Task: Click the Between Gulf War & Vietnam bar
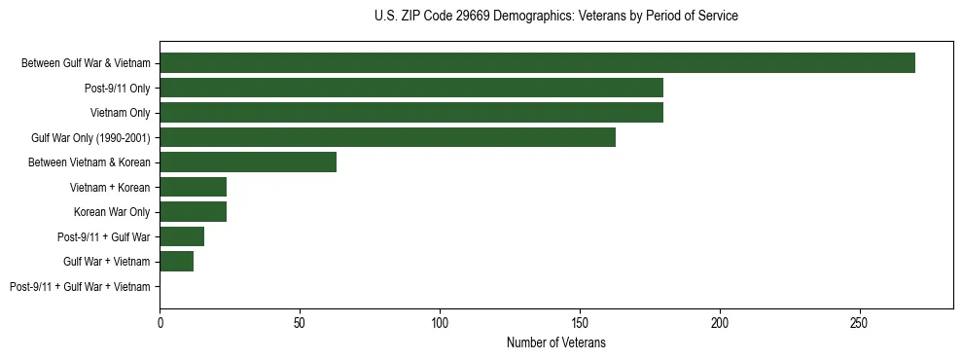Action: [x=537, y=63]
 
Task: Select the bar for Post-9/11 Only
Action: [x=411, y=88]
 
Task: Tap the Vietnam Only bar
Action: [x=411, y=113]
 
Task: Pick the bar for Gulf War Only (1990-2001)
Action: [x=387, y=137]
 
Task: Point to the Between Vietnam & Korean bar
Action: [x=248, y=162]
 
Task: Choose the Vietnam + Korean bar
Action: [x=194, y=187]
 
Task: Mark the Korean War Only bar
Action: [x=194, y=212]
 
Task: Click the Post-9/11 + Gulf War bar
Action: [x=182, y=236]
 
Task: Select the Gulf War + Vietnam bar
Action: [x=177, y=262]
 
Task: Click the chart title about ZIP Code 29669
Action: [x=555, y=17]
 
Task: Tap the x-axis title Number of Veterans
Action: [x=555, y=342]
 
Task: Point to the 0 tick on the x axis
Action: [x=160, y=321]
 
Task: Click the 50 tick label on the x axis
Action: [x=300, y=321]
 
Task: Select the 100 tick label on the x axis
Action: [x=440, y=321]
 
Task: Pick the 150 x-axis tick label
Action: [x=580, y=321]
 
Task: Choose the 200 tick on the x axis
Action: [x=720, y=321]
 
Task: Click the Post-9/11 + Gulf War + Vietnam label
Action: [x=80, y=287]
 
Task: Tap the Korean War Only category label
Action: [x=112, y=212]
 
